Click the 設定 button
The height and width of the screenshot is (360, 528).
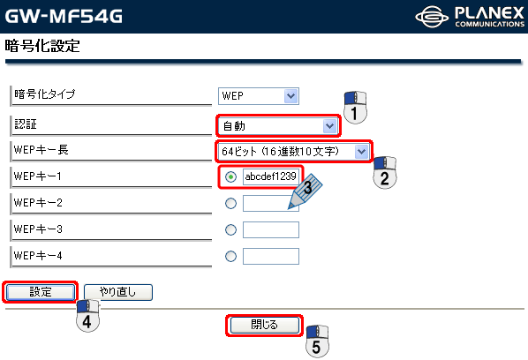41,292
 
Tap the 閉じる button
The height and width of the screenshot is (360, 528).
264,325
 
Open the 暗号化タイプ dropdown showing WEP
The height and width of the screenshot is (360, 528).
259,96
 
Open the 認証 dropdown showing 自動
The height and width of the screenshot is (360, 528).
278,126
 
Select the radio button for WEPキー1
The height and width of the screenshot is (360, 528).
230,176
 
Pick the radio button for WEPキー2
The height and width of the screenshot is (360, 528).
230,203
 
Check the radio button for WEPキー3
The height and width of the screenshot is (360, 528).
230,229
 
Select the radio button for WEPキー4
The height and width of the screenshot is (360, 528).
230,257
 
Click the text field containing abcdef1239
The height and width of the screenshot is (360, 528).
271,176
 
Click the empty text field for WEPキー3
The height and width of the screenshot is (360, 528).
271,229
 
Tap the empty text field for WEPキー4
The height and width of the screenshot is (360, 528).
271,257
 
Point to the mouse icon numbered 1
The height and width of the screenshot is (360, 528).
355,108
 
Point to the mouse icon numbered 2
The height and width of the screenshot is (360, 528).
385,172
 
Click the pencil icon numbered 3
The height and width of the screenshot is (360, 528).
305,191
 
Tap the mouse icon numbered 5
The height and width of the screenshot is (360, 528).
317,341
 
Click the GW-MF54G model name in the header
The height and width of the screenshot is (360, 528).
64,16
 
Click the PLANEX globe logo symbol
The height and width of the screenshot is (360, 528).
432,17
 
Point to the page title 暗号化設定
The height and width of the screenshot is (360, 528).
42,46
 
